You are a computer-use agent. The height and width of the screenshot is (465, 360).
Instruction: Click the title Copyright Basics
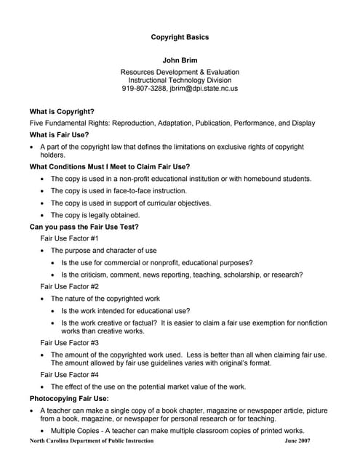click(x=180, y=37)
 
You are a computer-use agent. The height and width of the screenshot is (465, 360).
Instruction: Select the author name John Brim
click(x=180, y=60)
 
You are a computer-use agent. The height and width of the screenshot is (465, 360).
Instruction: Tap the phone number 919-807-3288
click(x=144, y=89)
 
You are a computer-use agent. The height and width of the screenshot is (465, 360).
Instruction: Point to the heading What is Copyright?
click(x=62, y=111)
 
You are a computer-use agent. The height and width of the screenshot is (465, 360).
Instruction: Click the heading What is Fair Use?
click(x=59, y=134)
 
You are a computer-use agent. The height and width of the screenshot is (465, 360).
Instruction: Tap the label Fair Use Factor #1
click(x=69, y=238)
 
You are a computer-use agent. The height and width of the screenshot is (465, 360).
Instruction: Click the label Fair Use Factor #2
click(x=69, y=286)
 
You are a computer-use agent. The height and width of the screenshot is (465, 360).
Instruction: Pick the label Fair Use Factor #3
click(x=69, y=342)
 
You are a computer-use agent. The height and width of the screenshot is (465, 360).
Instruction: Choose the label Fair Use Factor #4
click(x=69, y=374)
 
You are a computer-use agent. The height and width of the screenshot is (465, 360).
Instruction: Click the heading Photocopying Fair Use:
click(x=69, y=399)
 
